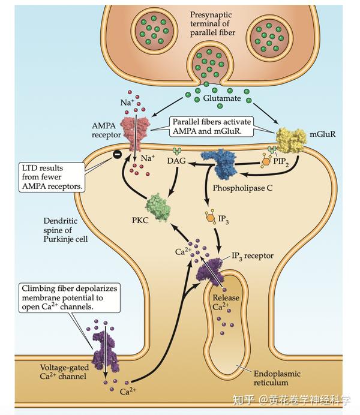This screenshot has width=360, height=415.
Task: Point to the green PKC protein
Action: [x=158, y=207]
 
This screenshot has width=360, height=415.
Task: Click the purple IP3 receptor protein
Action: [x=210, y=273]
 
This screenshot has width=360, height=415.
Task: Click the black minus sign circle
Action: [x=117, y=154]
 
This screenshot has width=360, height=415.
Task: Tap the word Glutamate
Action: [x=222, y=98]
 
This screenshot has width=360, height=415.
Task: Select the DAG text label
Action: [x=176, y=161]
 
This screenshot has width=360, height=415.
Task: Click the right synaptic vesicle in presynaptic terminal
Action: [x=269, y=37]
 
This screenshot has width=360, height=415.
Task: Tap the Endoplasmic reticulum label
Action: [x=277, y=378]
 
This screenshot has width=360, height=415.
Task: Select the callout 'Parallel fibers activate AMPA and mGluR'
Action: [x=211, y=127]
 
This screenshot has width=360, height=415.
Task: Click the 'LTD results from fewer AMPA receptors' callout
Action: [x=52, y=177]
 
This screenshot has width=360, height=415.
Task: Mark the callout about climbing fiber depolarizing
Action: [x=70, y=297]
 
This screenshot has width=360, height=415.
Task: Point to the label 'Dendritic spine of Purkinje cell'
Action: [x=65, y=230]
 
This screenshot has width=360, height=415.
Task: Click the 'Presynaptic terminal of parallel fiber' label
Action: [x=212, y=24]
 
